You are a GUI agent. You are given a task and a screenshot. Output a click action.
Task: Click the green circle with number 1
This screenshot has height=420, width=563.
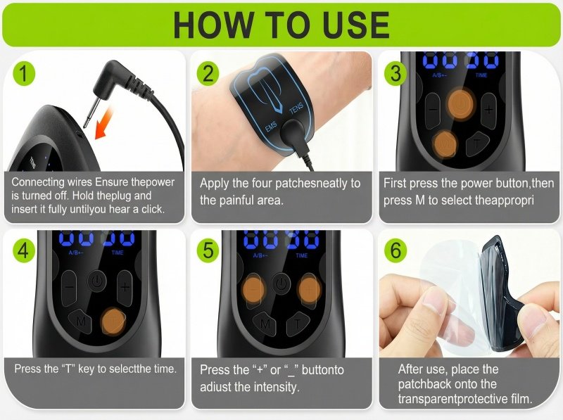tap(24, 74)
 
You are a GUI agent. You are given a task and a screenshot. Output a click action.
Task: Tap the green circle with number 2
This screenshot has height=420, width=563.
tap(208, 74)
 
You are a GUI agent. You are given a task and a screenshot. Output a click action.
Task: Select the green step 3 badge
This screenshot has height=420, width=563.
tap(396, 74)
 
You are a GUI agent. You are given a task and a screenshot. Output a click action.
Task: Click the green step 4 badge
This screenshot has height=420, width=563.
tap(24, 250)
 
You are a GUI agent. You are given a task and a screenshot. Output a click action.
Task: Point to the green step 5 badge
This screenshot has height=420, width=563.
tap(208, 250)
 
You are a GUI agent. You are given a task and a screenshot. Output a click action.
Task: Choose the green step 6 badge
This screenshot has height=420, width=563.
tap(396, 250)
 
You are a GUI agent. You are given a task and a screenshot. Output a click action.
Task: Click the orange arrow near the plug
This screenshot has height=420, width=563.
tap(104, 125)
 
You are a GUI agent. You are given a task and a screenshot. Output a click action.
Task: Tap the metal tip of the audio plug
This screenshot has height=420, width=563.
tap(91, 113)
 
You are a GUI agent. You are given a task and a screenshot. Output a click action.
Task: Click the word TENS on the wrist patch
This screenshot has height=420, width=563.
tap(297, 108)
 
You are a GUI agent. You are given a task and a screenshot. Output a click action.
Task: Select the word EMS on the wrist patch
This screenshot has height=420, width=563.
tap(271, 127)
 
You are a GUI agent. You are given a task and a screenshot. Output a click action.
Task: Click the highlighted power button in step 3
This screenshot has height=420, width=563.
tap(461, 104)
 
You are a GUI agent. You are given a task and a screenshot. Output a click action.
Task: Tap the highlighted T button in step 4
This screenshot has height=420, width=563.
tap(113, 322)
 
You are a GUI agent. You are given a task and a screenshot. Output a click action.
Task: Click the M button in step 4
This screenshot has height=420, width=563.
tap(81, 321)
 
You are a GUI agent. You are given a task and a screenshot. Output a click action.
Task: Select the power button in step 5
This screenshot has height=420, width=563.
tap(281, 284)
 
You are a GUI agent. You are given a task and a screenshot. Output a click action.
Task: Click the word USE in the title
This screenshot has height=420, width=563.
tap(356, 25)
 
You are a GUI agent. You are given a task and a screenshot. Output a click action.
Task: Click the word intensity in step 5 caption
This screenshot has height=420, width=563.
tap(276, 387)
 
